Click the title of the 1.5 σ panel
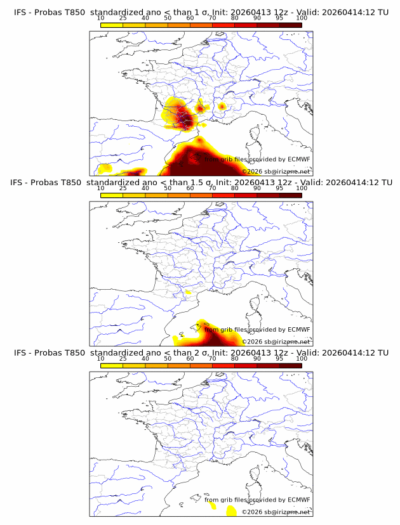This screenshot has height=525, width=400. [200, 183]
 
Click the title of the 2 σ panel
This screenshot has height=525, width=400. [200, 353]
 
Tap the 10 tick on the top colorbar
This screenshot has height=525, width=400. [101, 18]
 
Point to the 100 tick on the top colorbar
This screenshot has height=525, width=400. [302, 18]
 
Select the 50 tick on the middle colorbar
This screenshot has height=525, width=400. [168, 188]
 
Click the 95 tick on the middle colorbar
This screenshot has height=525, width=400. [279, 188]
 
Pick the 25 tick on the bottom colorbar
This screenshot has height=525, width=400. [123, 358]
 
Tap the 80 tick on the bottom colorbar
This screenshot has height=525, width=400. [235, 358]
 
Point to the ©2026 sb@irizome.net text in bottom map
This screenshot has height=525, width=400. [276, 512]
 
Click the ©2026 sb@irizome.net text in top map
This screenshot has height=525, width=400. [276, 172]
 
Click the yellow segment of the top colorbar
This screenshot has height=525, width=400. [112, 25]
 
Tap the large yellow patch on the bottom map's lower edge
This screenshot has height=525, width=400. [230, 511]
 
